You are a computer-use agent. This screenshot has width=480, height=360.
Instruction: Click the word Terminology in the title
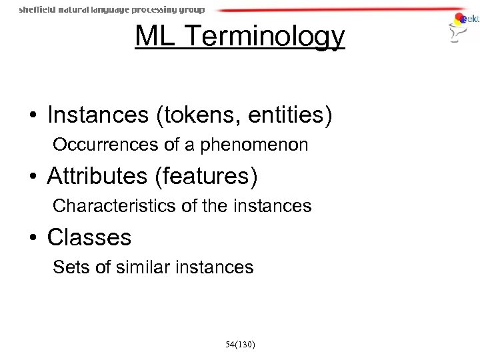(x=267, y=38)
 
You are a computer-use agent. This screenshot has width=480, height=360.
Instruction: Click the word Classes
(x=89, y=237)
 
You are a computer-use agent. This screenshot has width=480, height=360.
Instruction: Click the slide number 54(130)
(x=240, y=344)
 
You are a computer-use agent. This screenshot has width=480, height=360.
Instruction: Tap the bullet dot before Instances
(x=33, y=115)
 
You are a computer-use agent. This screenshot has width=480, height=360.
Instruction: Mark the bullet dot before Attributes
(x=33, y=177)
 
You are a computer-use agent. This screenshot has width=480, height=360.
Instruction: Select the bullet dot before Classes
(x=33, y=238)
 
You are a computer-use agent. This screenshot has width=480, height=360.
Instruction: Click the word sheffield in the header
(x=37, y=10)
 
